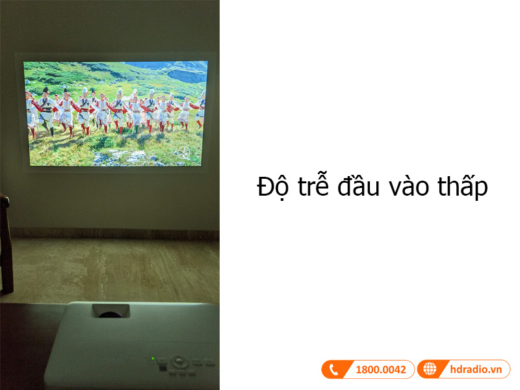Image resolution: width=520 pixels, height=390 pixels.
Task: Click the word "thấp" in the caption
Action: pyautogui.click(x=462, y=187)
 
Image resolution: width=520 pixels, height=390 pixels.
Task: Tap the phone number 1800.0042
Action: pyautogui.click(x=380, y=370)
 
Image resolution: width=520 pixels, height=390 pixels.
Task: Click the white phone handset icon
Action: pyautogui.click(x=334, y=370)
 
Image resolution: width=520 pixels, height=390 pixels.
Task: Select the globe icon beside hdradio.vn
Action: pyautogui.click(x=430, y=370)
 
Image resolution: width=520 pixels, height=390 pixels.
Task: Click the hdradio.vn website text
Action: pyautogui.click(x=476, y=370)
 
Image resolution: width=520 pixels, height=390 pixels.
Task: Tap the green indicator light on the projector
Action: pyautogui.click(x=153, y=358)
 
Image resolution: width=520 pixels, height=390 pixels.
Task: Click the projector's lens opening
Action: pyautogui.click(x=110, y=312)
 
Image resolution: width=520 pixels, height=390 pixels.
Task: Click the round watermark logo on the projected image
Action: pyautogui.click(x=185, y=153)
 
